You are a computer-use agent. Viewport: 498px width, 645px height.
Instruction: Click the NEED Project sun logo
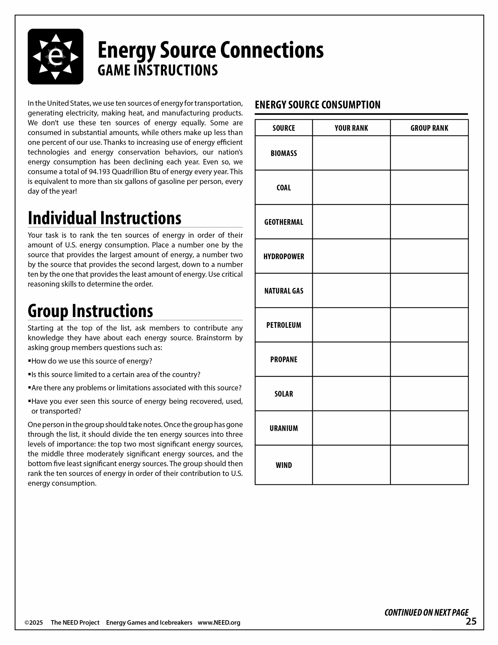point(55,56)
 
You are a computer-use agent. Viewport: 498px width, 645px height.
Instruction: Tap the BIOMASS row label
point(284,153)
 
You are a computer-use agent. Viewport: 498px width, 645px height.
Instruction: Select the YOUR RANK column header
point(351,128)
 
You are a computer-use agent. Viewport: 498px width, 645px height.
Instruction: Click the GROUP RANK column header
point(429,128)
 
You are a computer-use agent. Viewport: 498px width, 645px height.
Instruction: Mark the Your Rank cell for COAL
point(351,187)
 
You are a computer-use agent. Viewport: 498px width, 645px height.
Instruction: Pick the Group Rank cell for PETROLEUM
point(429,325)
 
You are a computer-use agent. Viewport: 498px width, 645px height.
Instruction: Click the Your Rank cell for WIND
point(351,465)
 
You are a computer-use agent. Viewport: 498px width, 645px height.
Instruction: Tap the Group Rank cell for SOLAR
point(429,394)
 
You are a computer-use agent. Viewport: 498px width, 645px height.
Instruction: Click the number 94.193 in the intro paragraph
point(99,172)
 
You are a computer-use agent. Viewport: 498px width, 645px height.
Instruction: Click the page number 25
point(471,621)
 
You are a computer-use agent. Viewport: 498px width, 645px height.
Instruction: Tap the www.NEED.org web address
point(219,623)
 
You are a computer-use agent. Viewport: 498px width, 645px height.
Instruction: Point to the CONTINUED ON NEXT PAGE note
point(426,612)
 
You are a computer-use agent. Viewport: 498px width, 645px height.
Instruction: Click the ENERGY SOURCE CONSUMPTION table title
point(318,105)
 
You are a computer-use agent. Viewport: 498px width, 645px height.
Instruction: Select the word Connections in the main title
point(272,50)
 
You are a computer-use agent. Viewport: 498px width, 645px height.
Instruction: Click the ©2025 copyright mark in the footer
point(34,623)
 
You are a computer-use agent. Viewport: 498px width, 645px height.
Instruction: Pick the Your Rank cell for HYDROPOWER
point(351,256)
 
